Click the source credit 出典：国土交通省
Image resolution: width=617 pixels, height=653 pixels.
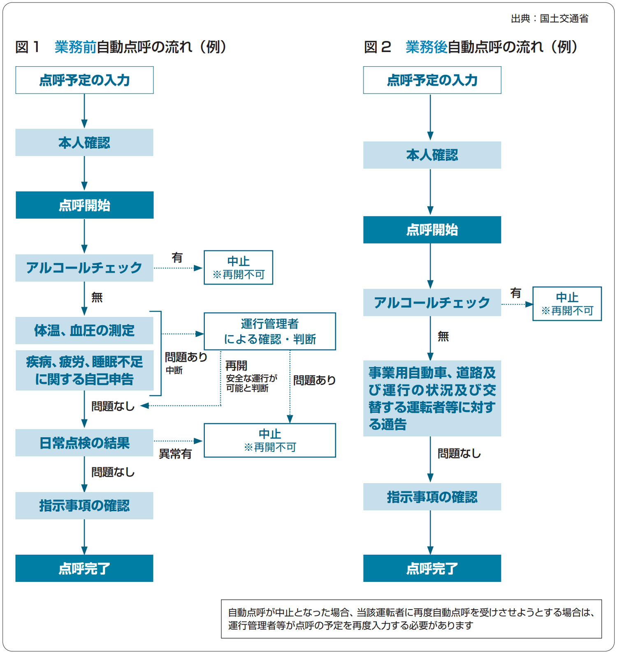coord(549,19)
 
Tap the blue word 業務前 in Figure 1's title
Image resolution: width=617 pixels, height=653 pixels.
coord(75,47)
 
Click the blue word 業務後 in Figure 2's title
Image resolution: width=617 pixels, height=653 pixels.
coord(426,47)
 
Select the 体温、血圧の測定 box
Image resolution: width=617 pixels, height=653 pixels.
coord(84,330)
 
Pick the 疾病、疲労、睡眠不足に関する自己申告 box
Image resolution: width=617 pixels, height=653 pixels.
coord(84,370)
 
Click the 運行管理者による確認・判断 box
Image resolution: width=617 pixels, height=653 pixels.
coord(269,331)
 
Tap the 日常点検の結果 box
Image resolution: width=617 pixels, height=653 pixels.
coord(84,442)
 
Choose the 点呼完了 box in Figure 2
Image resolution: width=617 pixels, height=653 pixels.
coord(432,568)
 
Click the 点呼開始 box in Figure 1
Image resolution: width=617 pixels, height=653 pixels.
coord(84,205)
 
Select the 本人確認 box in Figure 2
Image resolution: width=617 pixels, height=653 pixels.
coord(432,155)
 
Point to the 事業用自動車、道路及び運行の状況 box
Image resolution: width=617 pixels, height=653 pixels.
coord(432,398)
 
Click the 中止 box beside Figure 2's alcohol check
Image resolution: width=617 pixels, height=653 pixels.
coord(567,303)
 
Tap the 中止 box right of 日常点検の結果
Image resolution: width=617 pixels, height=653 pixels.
coord(269,440)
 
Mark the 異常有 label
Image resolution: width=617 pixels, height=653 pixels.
coord(175,454)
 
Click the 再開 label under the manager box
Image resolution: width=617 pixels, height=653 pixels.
coord(236,366)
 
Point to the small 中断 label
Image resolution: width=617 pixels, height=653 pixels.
coord(174,370)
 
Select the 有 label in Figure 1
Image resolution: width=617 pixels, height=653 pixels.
coord(177,258)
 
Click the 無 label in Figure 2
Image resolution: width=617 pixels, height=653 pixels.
coord(443,336)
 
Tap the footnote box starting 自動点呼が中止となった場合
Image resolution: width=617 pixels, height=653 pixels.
coord(411,618)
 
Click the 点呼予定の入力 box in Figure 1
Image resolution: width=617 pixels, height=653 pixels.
coord(84,80)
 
